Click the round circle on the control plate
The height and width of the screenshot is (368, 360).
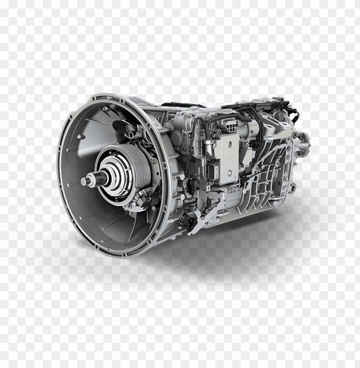pos(230,173)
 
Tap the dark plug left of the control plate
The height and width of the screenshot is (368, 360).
pos(212,171)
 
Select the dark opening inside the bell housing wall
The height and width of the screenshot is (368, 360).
pos(119,127)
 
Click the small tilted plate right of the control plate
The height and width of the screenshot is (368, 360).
pos(247,157)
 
